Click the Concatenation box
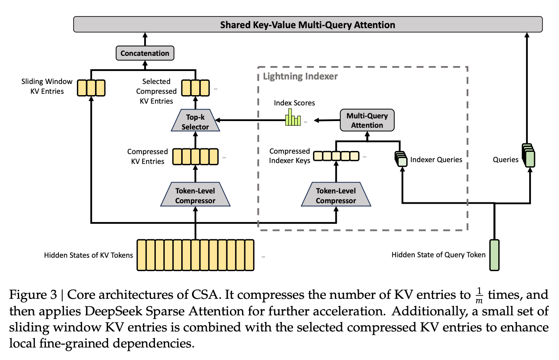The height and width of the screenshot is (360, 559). pyautogui.click(x=145, y=53)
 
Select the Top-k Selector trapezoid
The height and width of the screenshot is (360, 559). pyautogui.click(x=195, y=121)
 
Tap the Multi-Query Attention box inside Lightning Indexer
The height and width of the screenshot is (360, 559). pyautogui.click(x=367, y=121)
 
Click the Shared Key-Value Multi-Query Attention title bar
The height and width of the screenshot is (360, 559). pyautogui.click(x=308, y=25)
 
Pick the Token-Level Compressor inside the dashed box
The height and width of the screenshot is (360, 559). pyautogui.click(x=336, y=196)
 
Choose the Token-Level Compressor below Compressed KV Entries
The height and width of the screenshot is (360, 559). pyautogui.click(x=195, y=196)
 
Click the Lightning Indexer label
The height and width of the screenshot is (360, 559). pyautogui.click(x=300, y=76)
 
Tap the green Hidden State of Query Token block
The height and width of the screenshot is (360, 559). pyautogui.click(x=495, y=255)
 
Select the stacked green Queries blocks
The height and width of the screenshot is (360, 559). pyautogui.click(x=528, y=154)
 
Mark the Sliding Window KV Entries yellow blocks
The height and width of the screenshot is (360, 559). pyautogui.click(x=91, y=87)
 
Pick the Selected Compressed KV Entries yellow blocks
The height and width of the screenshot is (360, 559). pyautogui.click(x=195, y=87)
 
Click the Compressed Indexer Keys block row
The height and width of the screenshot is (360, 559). pyautogui.click(x=336, y=156)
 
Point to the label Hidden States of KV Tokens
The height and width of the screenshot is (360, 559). pyautogui.click(x=88, y=255)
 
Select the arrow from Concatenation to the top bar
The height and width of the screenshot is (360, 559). pyautogui.click(x=145, y=39)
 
